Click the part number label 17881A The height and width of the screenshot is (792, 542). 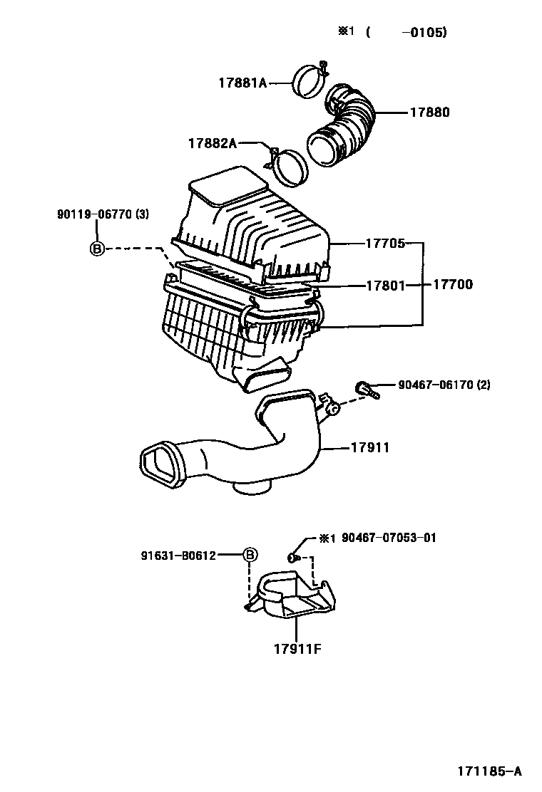242,83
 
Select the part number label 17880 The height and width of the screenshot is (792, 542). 429,112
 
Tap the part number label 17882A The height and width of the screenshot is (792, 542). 213,143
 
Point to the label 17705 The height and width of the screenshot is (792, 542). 385,244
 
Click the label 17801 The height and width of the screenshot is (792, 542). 385,286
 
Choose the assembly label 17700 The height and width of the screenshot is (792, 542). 453,284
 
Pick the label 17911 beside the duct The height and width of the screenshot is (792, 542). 370,447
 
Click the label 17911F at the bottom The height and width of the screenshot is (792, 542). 298,649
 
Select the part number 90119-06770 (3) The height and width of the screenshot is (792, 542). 103,214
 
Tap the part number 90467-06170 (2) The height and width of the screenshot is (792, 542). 444,385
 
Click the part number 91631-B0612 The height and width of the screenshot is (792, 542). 178,556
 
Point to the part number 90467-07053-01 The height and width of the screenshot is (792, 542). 389,538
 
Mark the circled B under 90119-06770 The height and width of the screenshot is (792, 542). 97,248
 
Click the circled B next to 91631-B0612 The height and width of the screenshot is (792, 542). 250,555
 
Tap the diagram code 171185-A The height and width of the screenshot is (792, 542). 490,771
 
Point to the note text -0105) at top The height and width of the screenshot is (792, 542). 424,33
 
